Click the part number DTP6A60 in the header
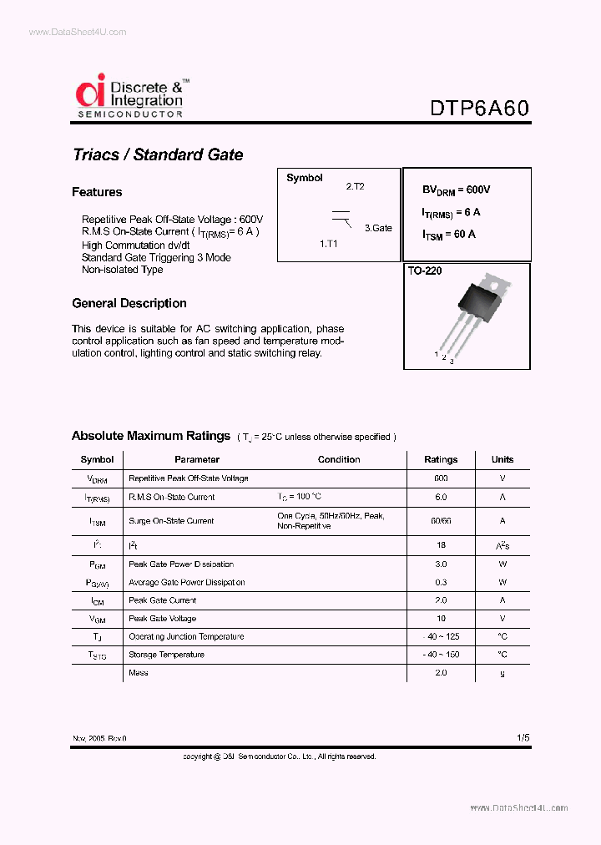pyautogui.click(x=479, y=109)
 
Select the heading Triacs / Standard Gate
pyautogui.click(x=158, y=154)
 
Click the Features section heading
pyautogui.click(x=97, y=192)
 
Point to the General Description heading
pyautogui.click(x=129, y=303)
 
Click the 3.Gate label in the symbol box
pyautogui.click(x=377, y=228)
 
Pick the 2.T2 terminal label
pyautogui.click(x=356, y=187)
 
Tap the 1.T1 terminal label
pyautogui.click(x=329, y=244)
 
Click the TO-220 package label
pyautogui.click(x=425, y=271)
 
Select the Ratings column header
pyautogui.click(x=441, y=459)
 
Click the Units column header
pyautogui.click(x=503, y=459)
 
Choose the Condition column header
pyautogui.click(x=339, y=459)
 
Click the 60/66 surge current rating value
pyautogui.click(x=441, y=521)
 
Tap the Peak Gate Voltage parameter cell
pyautogui.click(x=163, y=619)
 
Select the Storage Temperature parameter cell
pyautogui.click(x=166, y=655)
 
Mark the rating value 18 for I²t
pyautogui.click(x=441, y=544)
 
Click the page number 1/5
pyautogui.click(x=523, y=738)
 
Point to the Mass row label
pyautogui.click(x=139, y=673)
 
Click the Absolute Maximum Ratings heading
pyautogui.click(x=150, y=436)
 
